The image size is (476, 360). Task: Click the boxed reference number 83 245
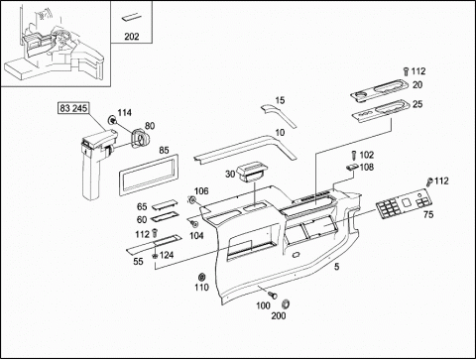tap(73, 108)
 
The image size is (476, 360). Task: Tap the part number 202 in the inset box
tap(132, 37)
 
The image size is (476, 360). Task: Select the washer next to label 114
tap(112, 120)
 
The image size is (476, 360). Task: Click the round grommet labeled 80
tap(141, 139)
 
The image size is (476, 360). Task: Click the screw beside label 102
tap(354, 155)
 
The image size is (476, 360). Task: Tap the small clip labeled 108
tap(352, 167)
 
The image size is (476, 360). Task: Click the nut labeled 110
tap(200, 277)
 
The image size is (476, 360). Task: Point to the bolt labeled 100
tap(273, 294)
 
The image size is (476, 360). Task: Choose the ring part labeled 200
tap(286, 303)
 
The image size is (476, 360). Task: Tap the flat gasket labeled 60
tap(165, 217)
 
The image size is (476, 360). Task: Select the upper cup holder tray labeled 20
tap(380, 89)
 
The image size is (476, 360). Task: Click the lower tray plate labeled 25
tap(380, 111)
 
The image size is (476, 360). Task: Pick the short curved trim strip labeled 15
tap(279, 115)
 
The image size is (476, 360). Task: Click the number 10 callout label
tap(280, 133)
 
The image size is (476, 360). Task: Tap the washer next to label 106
tap(190, 199)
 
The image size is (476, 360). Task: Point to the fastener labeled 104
tap(194, 224)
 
